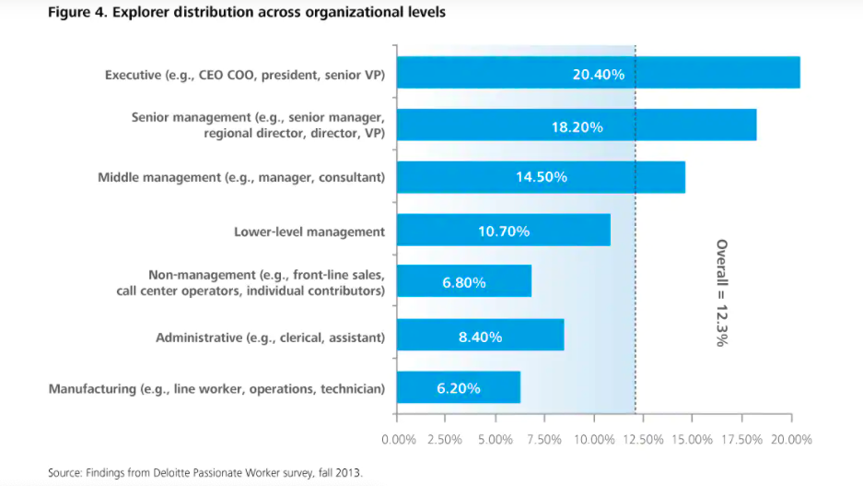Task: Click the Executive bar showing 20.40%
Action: click(599, 73)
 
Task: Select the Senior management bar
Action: click(577, 125)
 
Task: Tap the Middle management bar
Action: click(541, 177)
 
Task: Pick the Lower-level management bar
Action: click(504, 231)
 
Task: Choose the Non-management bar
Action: click(464, 281)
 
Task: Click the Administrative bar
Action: click(480, 336)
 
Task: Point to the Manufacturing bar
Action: click(459, 387)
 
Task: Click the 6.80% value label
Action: click(464, 282)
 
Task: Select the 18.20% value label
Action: click(577, 126)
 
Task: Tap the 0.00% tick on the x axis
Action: click(398, 440)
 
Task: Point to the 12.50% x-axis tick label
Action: click(643, 440)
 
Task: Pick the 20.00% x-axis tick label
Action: click(792, 440)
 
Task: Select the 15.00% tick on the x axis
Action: click(693, 440)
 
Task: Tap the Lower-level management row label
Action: click(309, 231)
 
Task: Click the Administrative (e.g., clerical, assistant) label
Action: click(271, 337)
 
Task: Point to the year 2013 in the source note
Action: click(350, 472)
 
